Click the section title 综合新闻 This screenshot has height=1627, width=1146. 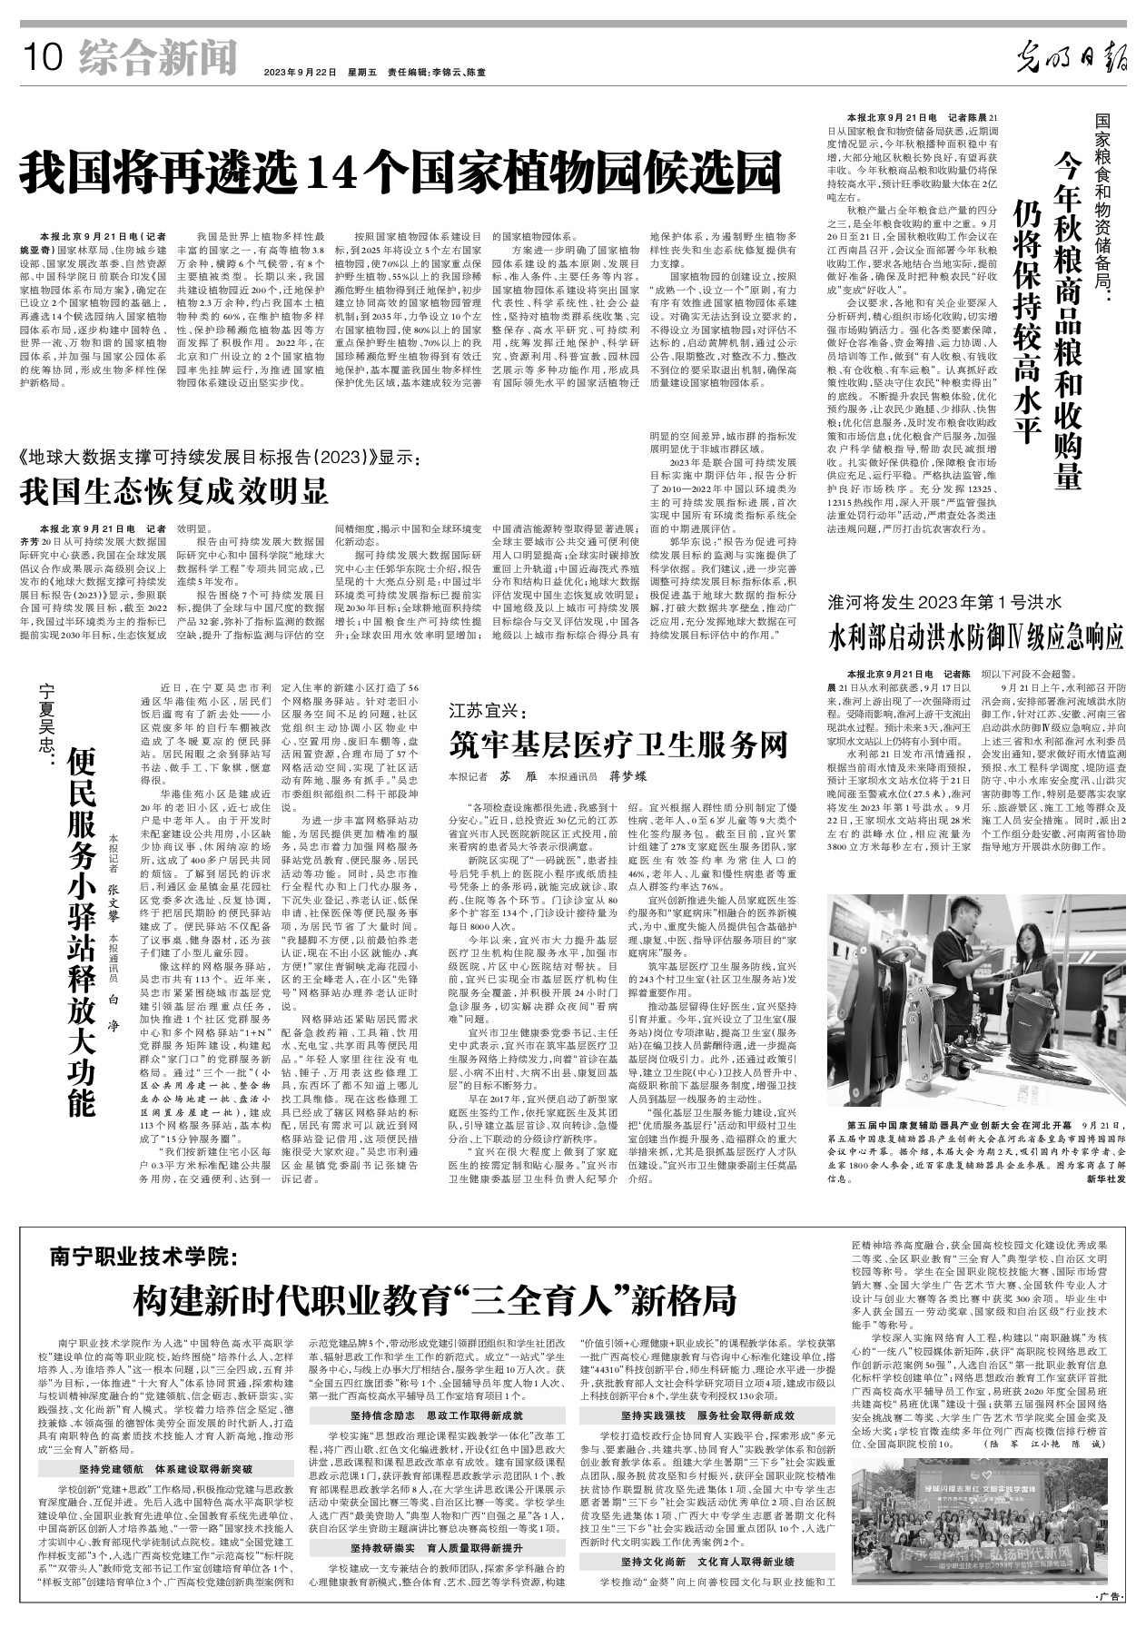pyautogui.click(x=157, y=57)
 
